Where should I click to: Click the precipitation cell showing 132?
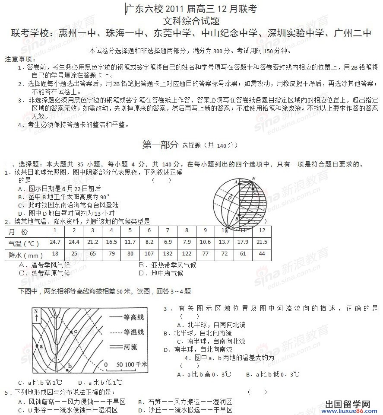pyautogui.click(x=168, y=254)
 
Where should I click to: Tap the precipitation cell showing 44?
pyautogui.click(x=261, y=254)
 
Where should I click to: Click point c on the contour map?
pyautogui.click(x=71, y=332)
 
